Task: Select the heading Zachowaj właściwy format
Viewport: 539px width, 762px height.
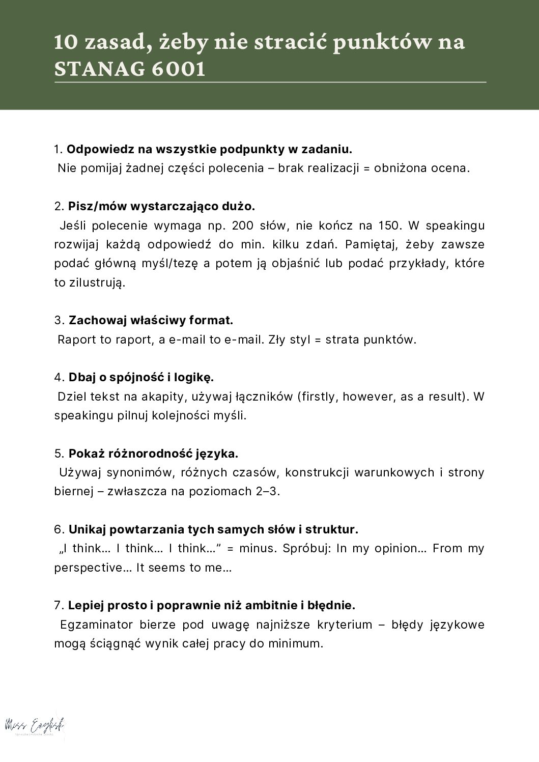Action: click(x=151, y=321)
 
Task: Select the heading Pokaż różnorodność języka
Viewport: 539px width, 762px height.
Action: click(x=153, y=454)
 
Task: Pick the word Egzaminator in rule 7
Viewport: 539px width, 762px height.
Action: click(x=97, y=625)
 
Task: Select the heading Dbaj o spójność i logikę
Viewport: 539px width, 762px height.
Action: click(x=141, y=378)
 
